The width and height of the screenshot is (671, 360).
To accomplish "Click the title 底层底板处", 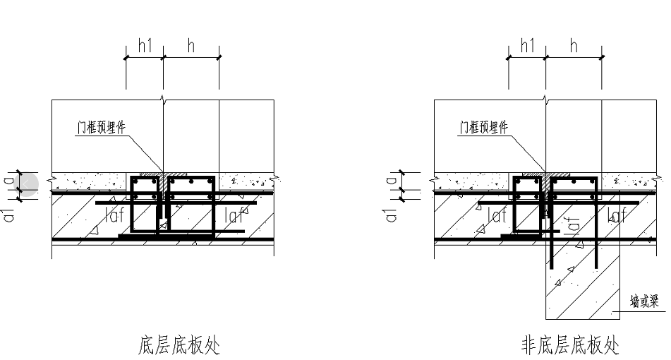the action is coord(179,345).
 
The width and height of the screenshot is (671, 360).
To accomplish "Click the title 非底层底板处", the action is coord(569,345).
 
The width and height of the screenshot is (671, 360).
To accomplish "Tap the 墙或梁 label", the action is coord(643,301).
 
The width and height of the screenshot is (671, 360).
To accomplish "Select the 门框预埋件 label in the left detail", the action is coord(102,127).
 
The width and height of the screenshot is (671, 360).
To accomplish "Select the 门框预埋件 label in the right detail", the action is coord(484,127).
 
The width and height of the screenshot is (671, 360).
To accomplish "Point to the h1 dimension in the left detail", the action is coord(145,45).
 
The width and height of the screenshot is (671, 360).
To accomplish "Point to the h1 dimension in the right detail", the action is coord(528,45).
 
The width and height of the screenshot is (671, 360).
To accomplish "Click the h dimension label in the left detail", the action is coord(191,45).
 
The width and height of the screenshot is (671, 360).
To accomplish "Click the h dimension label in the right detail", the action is coord(574,45).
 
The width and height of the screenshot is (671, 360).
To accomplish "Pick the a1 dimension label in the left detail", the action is coord(9,215).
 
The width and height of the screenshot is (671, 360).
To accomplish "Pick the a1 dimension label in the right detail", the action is coord(392,215).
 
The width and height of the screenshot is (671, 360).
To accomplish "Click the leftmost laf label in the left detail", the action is coord(115,215).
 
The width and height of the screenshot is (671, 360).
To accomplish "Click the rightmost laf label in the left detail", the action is coord(235,215).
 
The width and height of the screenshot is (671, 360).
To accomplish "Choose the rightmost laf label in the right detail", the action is coord(617,215).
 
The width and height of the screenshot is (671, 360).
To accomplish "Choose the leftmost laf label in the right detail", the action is coord(497,215).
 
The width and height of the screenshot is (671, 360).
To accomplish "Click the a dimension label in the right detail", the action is coord(392,181).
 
